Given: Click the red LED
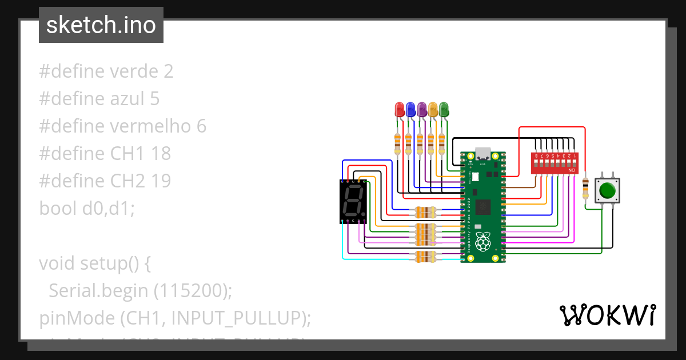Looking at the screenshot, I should coord(400,109).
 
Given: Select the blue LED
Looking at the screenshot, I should coord(410,109).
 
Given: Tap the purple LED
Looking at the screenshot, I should coord(422,109).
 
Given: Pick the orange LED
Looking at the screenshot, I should coord(433,109).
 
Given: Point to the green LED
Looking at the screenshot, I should coord(444,109).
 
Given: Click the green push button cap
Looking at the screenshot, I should coord(607,189).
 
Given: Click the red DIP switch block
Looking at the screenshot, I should coord(554,163).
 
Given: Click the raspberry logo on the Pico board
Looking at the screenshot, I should coord(484,241).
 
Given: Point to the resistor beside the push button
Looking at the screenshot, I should coord(585,189).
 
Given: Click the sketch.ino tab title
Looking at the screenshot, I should coord(101,25).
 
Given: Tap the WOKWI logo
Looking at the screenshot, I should coord(607,315).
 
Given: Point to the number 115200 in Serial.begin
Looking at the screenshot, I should coord(191,291).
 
